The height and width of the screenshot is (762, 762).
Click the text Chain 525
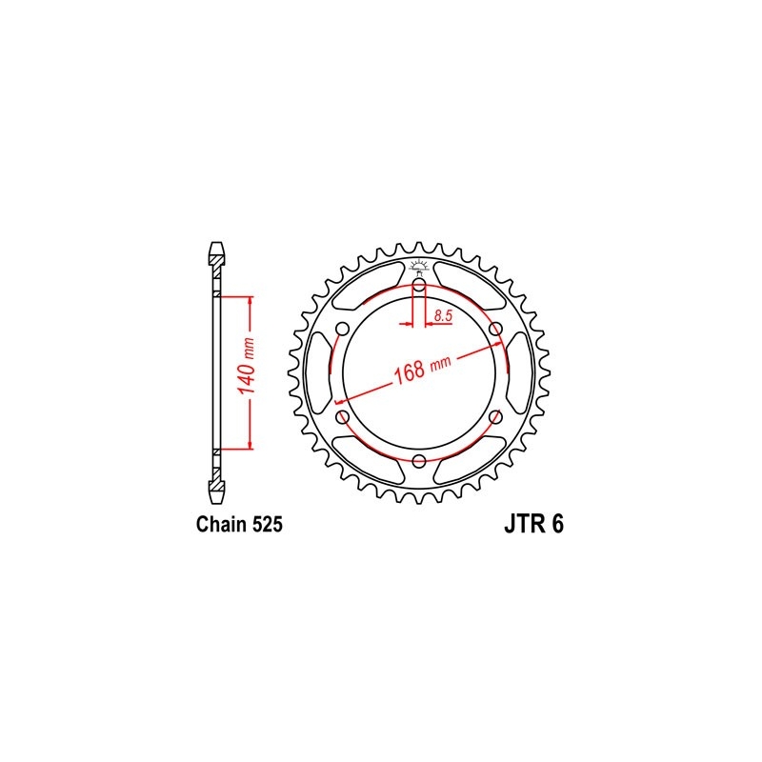[240, 525]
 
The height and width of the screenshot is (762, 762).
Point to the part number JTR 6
[531, 525]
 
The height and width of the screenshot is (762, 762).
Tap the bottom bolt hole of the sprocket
[419, 461]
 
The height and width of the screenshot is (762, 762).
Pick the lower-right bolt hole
[495, 417]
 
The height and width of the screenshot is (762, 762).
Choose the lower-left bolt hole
[343, 417]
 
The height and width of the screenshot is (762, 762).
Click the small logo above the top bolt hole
[419, 266]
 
